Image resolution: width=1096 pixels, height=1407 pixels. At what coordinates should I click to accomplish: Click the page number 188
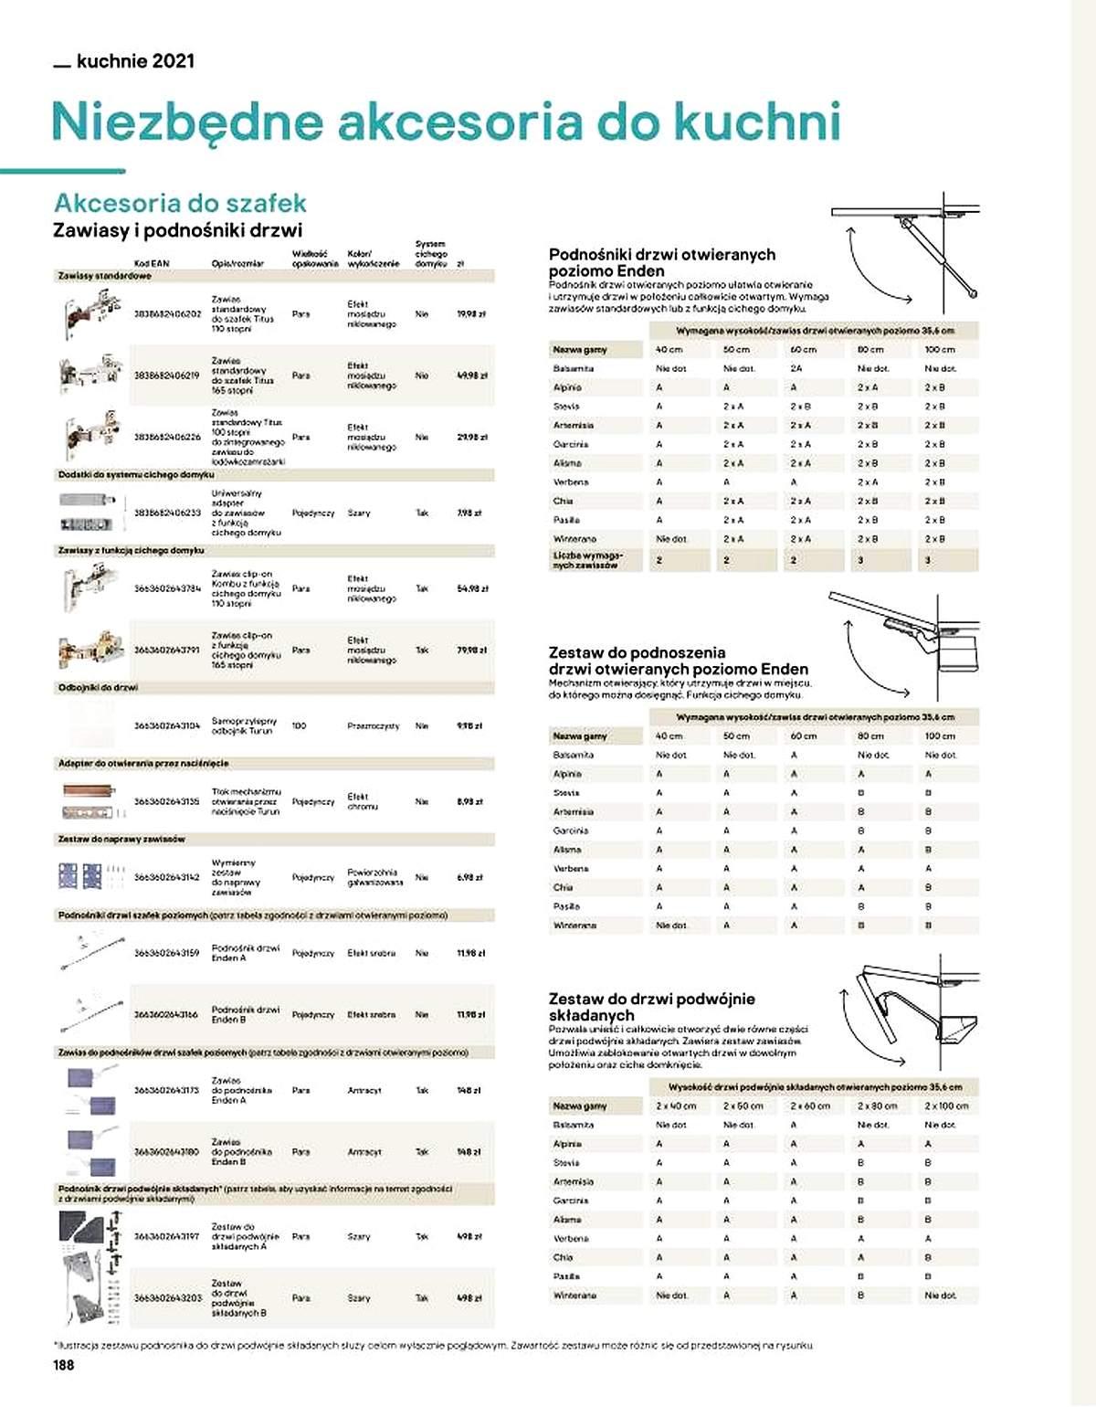tap(63, 1365)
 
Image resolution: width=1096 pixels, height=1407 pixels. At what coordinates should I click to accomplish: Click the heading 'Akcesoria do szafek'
tap(180, 203)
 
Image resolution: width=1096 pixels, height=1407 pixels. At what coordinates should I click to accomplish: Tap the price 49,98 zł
tap(471, 376)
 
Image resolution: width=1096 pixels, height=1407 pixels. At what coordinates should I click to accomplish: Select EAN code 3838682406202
tap(167, 314)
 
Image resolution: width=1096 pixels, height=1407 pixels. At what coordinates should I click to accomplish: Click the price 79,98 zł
tap(471, 651)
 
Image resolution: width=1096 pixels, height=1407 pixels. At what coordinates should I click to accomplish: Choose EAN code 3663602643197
tap(167, 1236)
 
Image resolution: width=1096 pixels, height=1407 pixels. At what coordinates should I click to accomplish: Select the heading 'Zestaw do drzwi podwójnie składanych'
tap(651, 1007)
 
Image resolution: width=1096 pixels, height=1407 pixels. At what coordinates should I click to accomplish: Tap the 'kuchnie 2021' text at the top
tap(135, 61)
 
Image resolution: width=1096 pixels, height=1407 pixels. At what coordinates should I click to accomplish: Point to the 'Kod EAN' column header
tap(152, 263)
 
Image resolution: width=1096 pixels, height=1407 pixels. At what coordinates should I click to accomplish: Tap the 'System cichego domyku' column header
tap(430, 254)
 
